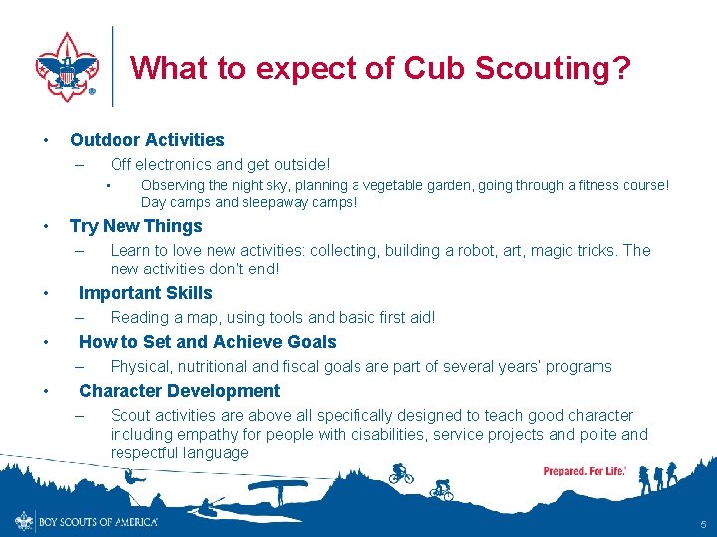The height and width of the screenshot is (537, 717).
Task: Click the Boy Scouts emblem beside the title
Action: click(68, 66)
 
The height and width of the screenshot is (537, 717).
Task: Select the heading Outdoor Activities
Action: click(147, 140)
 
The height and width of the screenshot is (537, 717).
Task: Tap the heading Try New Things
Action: click(135, 226)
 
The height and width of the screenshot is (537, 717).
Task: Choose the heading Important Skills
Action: click(145, 293)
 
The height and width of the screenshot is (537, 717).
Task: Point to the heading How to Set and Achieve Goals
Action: click(207, 342)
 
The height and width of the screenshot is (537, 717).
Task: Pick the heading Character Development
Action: click(179, 391)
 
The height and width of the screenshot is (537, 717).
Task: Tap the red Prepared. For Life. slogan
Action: click(585, 471)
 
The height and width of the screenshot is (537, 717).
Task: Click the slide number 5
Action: click(703, 524)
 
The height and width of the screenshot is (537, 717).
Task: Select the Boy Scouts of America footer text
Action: click(98, 522)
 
